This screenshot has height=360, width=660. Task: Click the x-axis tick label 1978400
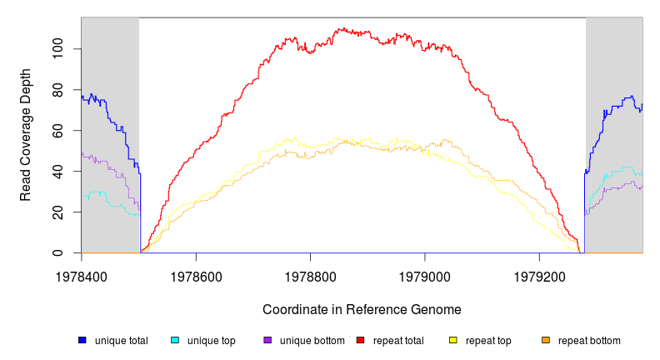[81, 275]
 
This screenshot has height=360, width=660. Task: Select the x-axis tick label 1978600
[196, 275]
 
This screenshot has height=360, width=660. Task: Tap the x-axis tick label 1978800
[310, 275]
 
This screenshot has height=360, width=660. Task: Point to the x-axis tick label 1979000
[425, 275]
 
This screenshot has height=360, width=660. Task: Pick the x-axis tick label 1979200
[539, 275]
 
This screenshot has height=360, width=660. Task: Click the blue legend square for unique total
[82, 340]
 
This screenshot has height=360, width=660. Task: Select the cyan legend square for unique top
[175, 340]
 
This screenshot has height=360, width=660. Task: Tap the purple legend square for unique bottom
[267, 340]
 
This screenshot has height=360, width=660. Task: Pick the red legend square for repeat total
[360, 340]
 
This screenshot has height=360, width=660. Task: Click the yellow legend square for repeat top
[453, 340]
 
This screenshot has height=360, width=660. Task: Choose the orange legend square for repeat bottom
[546, 340]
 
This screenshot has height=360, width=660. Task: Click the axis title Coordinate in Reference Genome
[362, 309]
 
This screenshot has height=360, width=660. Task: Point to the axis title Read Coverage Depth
[26, 136]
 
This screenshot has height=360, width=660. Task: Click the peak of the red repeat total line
[341, 28]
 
